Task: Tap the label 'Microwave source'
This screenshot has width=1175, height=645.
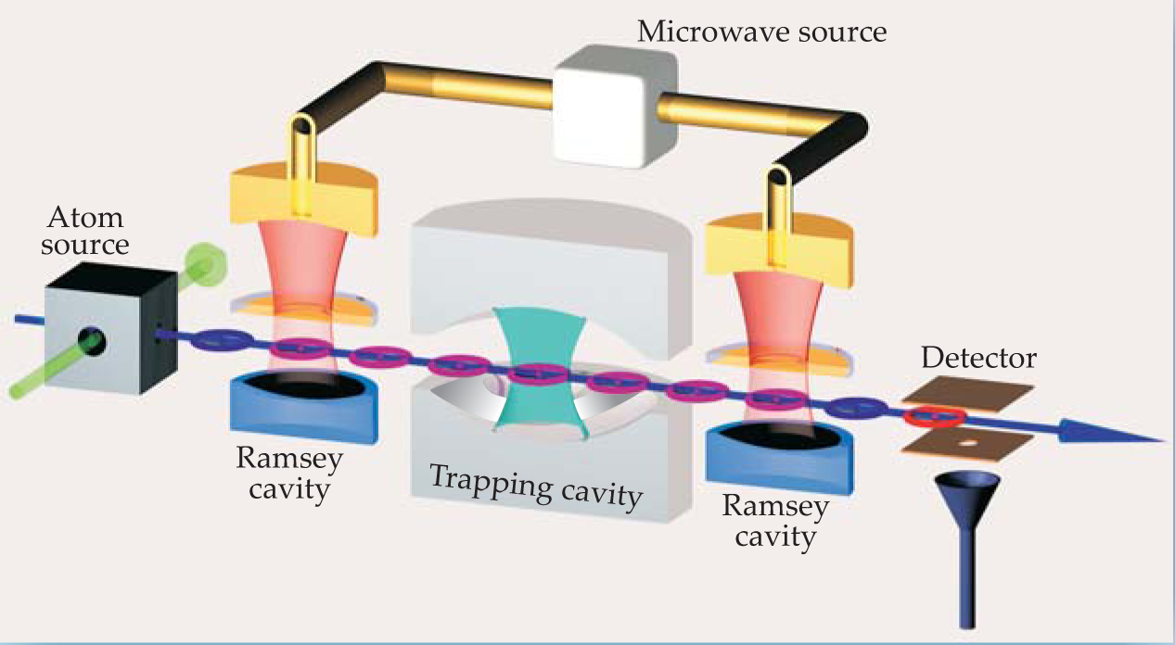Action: [761, 32]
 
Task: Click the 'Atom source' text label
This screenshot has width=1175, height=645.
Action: [89, 233]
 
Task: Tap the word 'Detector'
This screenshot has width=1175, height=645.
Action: [978, 358]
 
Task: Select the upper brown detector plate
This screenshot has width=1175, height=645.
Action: [968, 394]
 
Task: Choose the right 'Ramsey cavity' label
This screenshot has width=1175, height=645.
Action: [769, 520]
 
